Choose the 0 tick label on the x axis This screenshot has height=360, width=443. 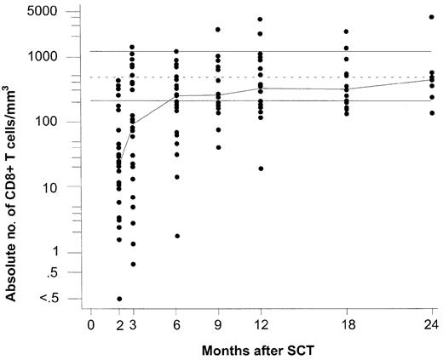click(x=90, y=324)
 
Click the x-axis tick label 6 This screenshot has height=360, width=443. click(x=176, y=324)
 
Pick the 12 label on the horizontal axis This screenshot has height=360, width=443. click(x=260, y=324)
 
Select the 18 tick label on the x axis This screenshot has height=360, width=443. click(x=346, y=324)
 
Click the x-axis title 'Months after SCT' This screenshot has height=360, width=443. click(x=261, y=350)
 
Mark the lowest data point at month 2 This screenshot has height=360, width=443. click(x=119, y=299)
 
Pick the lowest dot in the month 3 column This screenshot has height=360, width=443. click(x=133, y=264)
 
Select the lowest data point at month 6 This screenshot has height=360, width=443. click(x=176, y=236)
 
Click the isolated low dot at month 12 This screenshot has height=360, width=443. click(x=260, y=169)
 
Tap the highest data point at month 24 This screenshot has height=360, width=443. click(x=431, y=17)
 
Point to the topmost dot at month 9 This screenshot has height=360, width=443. click(x=218, y=29)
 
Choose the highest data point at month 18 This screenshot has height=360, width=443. click(x=346, y=31)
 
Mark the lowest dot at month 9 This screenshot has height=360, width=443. click(x=218, y=147)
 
